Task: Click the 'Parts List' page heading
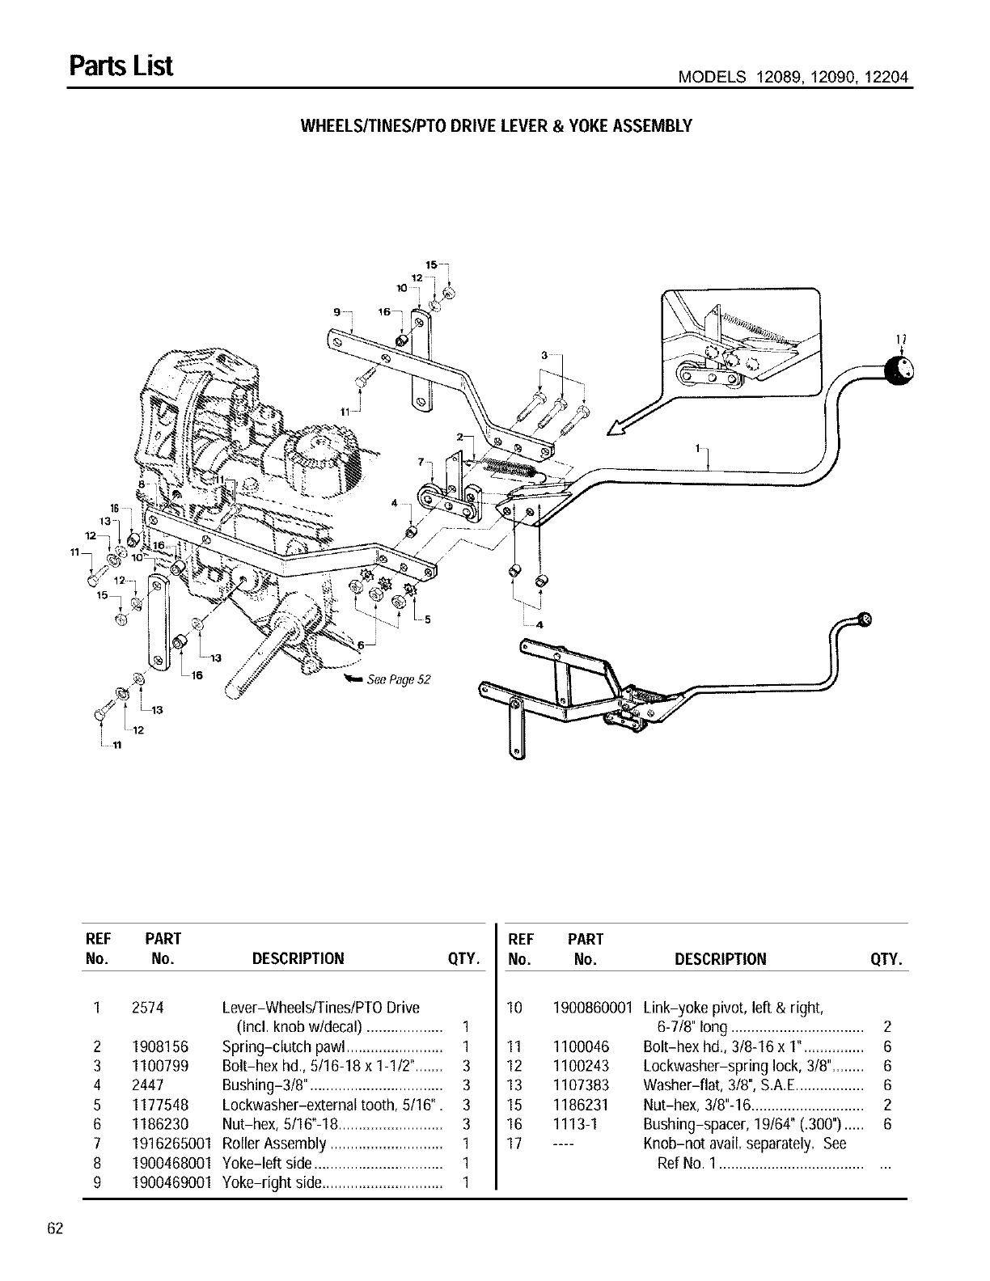coord(121,66)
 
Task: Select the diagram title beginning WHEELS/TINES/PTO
coord(496,126)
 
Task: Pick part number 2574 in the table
coord(147,1008)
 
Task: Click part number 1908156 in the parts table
coord(159,1046)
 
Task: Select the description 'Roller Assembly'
coord(274,1144)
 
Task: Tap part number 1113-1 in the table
coord(571,1124)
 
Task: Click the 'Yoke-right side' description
coord(272,1182)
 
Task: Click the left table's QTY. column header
coord(464,959)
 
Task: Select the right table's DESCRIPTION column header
coord(720,959)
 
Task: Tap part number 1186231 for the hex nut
coord(581,1105)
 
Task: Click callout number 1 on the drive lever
coord(698,447)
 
